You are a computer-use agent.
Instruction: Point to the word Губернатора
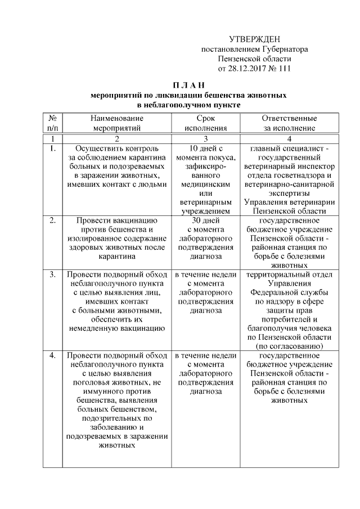pos(281,49)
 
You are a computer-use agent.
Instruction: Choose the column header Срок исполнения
pos(205,123)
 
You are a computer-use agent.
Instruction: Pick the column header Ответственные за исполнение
pos(289,123)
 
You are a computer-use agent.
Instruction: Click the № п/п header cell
pos(52,123)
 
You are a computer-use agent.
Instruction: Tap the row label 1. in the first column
pos(52,148)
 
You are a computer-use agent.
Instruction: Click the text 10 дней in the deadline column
pos(205,148)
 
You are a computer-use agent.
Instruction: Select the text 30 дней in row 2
pos(205,220)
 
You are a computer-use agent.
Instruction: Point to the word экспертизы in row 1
pos(289,193)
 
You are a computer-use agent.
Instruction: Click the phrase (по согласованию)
pos(289,345)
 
